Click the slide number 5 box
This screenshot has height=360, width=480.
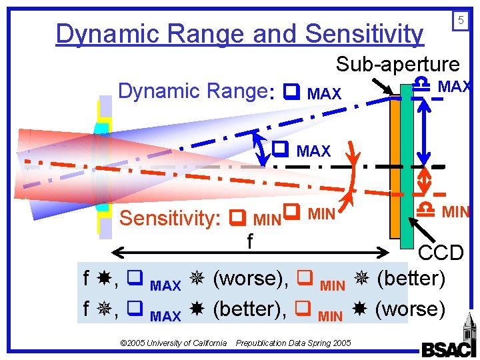[x=460, y=21]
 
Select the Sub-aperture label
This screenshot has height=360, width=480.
[x=397, y=64]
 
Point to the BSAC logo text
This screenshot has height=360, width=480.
[x=449, y=349]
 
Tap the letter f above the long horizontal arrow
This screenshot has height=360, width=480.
[x=249, y=241]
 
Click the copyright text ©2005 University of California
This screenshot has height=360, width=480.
[x=173, y=343]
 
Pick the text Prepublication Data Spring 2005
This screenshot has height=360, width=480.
[x=293, y=343]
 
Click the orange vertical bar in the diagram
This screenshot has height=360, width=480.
[x=397, y=167]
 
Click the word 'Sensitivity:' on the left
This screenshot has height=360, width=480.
[x=169, y=218]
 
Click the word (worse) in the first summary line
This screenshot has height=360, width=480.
[x=247, y=278]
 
